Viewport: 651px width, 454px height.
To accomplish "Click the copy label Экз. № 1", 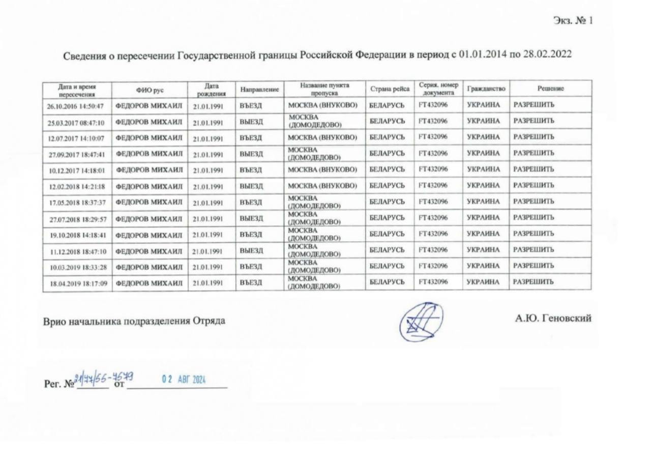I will pos(573,21).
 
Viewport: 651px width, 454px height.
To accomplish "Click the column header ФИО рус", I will pos(150,90).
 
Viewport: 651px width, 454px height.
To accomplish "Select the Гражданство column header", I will pos(486,89).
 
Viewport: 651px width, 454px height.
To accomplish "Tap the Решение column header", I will pos(550,89).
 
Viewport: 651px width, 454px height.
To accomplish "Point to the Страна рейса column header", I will pos(390,89).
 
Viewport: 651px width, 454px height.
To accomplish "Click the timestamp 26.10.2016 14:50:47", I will pos(76,106).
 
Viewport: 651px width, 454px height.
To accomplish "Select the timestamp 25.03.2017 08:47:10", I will pos(76,123).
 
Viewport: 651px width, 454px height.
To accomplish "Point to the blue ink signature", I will pos(420,322).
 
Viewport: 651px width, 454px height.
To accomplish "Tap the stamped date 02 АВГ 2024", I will pos(183,379).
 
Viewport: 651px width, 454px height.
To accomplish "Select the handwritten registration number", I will pos(104,377).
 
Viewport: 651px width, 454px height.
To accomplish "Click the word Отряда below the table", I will pos(209,321).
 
